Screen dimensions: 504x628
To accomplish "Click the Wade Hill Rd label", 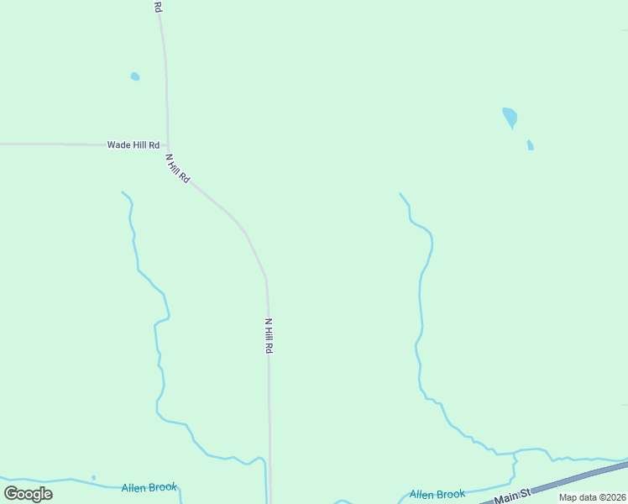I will [x=133, y=144].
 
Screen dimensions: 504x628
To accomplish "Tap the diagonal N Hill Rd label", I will [x=178, y=169].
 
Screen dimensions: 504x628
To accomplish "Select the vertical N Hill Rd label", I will [x=269, y=335].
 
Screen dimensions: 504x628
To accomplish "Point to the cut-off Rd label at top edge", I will [x=158, y=6].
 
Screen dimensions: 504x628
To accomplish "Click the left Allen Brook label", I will [x=149, y=487].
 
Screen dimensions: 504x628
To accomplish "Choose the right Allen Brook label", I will [x=437, y=495].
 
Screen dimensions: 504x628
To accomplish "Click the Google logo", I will [x=28, y=494].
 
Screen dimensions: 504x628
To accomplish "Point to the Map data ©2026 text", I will [x=592, y=497].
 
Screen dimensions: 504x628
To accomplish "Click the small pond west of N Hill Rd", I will [x=135, y=76].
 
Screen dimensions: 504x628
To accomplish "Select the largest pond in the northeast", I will [x=510, y=117].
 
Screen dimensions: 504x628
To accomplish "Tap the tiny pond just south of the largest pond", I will [x=530, y=145].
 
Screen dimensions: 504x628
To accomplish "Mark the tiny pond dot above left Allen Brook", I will [x=93, y=477].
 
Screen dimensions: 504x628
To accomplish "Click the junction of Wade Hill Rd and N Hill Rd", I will [x=168, y=145].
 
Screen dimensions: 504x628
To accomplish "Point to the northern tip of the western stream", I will [x=123, y=192].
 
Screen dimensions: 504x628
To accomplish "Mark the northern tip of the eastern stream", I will [x=400, y=194].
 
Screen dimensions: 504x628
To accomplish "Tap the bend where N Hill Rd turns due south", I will [x=266, y=278].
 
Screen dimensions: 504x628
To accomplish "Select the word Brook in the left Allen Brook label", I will [x=163, y=487].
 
